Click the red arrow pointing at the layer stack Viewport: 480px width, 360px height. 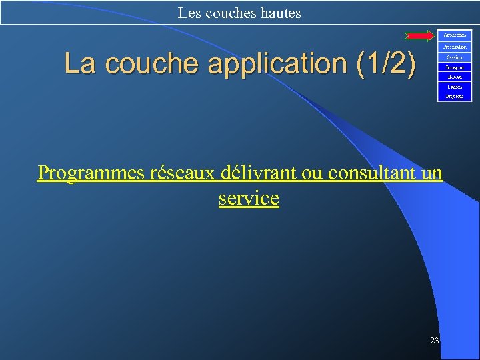419,35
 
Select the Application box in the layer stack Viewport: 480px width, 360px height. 454,35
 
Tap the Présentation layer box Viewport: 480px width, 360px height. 454,47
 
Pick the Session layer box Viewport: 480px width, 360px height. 454,57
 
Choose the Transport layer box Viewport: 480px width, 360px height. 454,67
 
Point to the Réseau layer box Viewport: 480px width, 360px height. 454,77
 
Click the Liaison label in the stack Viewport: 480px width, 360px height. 454,87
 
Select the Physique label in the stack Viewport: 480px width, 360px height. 454,97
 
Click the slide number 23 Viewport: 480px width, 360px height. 434,341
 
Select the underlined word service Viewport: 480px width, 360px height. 249,198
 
